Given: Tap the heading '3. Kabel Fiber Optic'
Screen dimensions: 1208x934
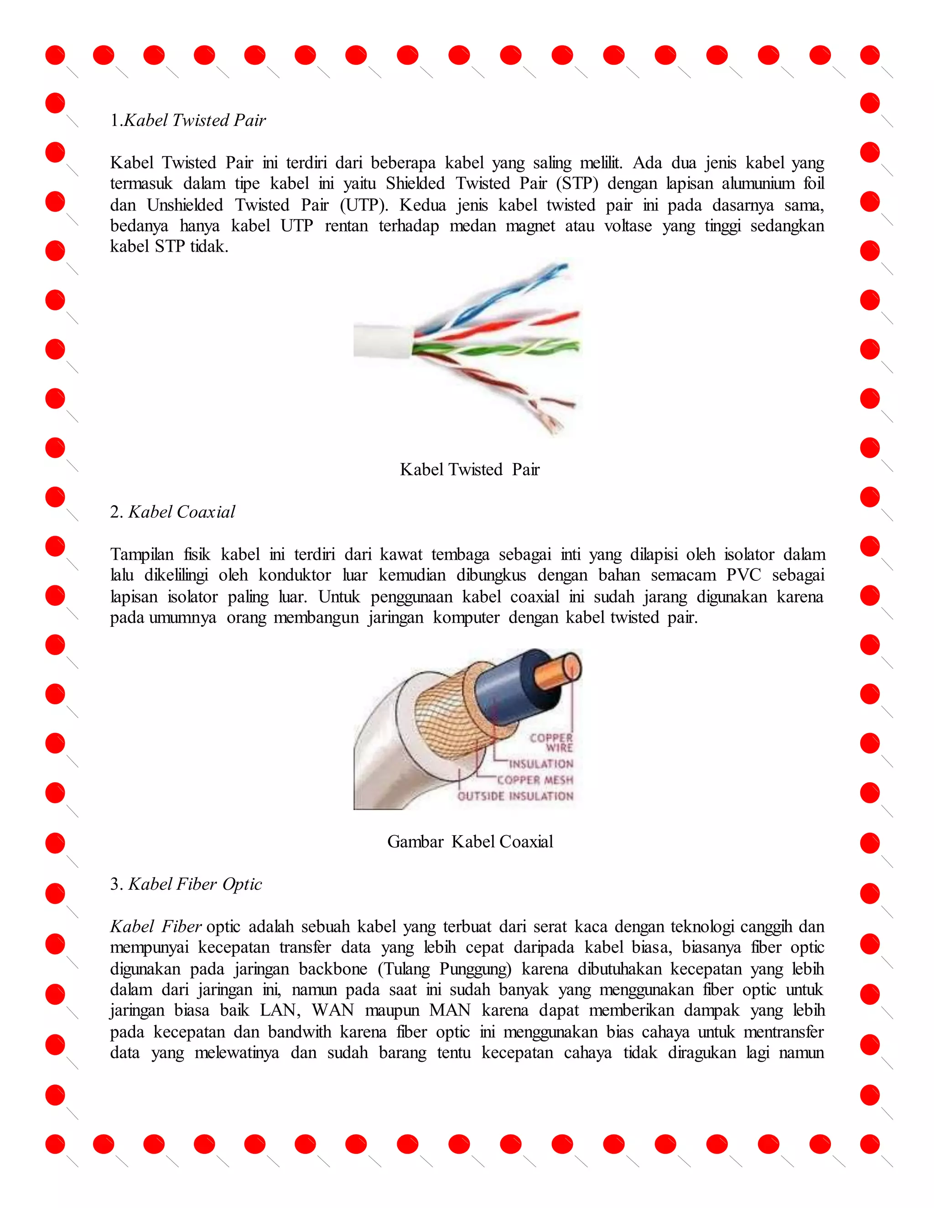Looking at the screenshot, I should click(x=186, y=884).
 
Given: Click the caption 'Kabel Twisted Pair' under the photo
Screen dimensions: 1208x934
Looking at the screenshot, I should click(x=469, y=470).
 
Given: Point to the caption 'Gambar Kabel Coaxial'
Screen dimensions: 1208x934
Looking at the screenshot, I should click(x=470, y=841).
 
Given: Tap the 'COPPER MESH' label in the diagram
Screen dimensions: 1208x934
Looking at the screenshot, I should click(x=534, y=780).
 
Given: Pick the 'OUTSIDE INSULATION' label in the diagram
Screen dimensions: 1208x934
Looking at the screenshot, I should click(x=515, y=796).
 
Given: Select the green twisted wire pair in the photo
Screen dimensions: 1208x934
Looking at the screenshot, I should click(x=498, y=348).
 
